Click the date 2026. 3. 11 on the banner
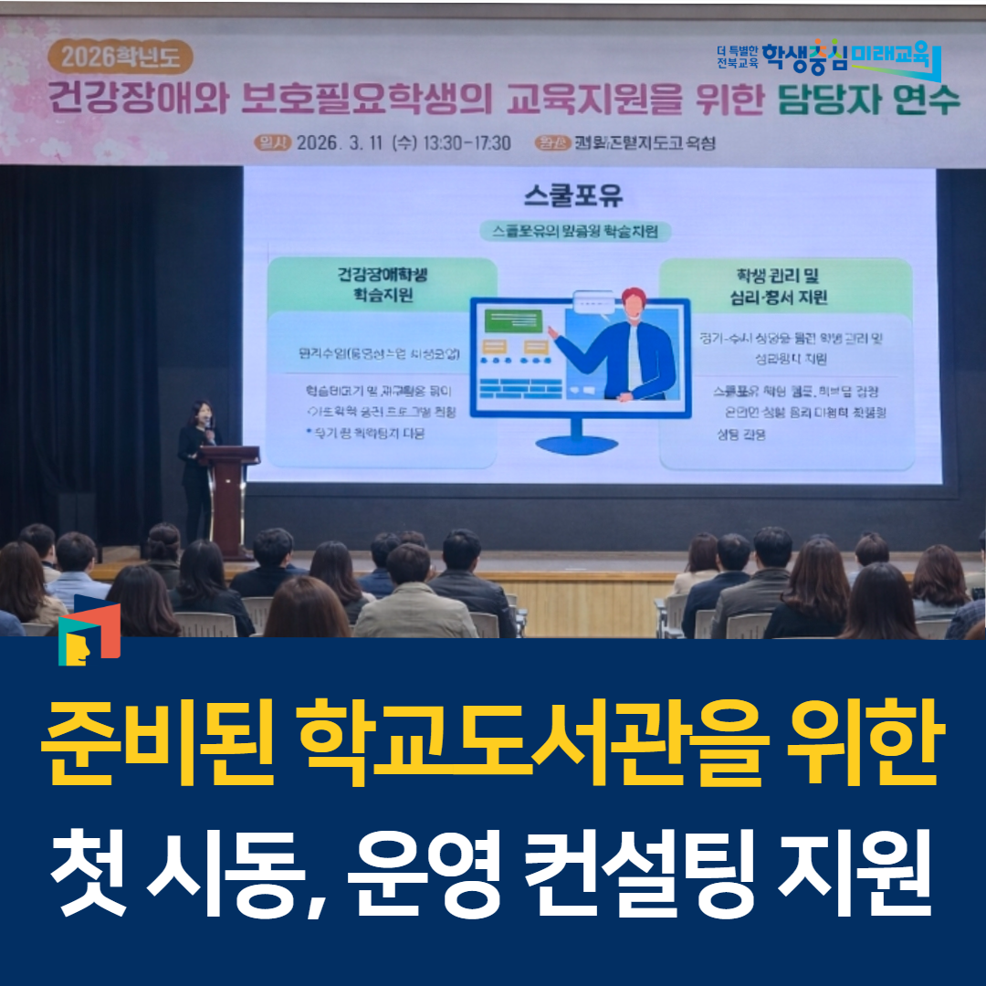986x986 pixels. click(337, 143)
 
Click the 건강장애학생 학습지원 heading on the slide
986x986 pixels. click(383, 284)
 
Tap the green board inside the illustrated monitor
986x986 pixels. click(513, 321)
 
